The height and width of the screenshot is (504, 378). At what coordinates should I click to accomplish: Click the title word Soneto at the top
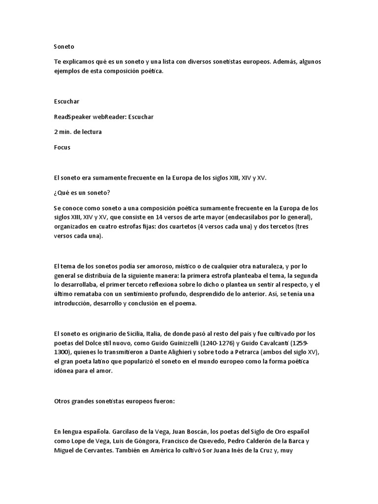point(64,47)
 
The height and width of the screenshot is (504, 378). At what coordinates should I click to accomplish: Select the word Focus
point(63,147)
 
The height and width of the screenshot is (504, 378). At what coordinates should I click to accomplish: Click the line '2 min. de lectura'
point(78,132)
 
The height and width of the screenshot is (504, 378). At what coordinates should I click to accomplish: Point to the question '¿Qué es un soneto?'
point(82,192)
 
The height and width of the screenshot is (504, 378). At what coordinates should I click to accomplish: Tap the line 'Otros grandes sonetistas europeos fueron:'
point(114,402)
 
